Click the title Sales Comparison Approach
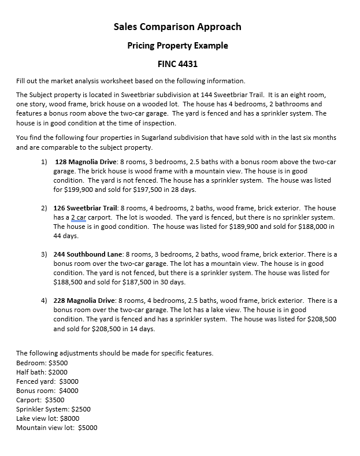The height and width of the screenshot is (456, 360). (177, 27)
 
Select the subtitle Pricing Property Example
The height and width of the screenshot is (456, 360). (177, 46)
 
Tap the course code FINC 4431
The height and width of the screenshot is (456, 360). (177, 64)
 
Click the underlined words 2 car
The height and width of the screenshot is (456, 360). (80, 217)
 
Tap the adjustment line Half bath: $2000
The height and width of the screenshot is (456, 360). (42, 372)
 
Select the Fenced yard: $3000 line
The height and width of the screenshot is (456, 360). (47, 381)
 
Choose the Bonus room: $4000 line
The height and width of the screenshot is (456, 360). (47, 391)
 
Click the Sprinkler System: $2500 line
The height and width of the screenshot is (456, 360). (53, 409)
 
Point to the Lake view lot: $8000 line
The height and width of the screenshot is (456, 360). (47, 418)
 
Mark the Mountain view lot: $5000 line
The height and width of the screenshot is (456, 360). (57, 428)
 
